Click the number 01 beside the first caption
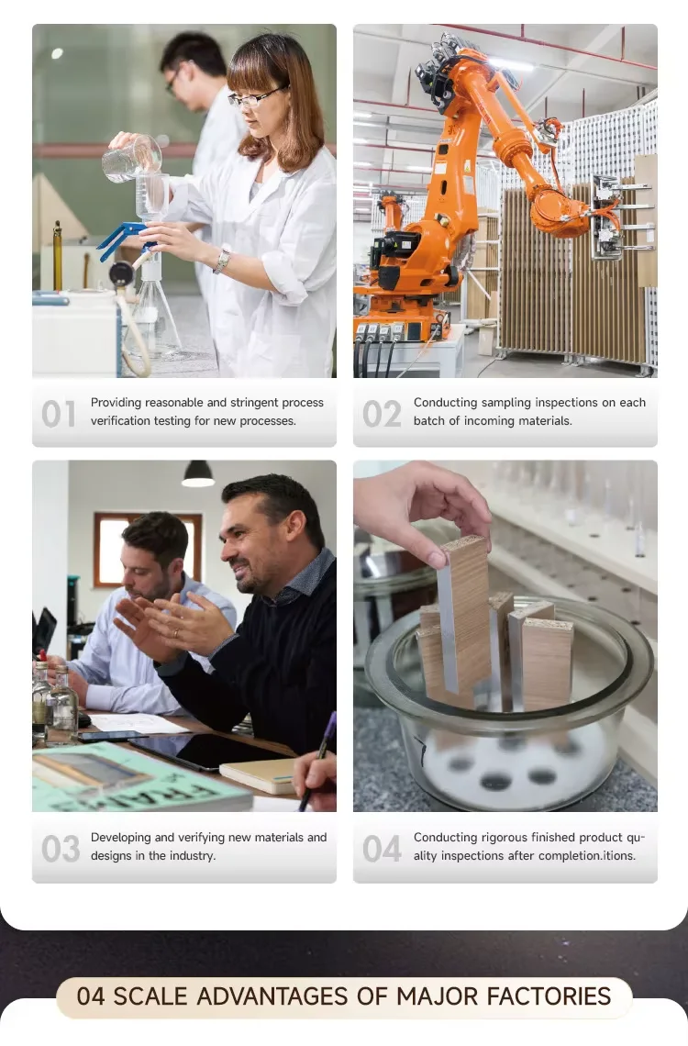coord(59,414)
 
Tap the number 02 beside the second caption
coord(382,414)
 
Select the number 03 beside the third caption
coord(61,850)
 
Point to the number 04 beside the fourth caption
coord(382,850)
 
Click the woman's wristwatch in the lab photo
coord(222,260)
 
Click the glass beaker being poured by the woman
coord(132,159)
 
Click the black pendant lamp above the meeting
coord(198,473)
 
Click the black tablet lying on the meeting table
coord(211,751)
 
